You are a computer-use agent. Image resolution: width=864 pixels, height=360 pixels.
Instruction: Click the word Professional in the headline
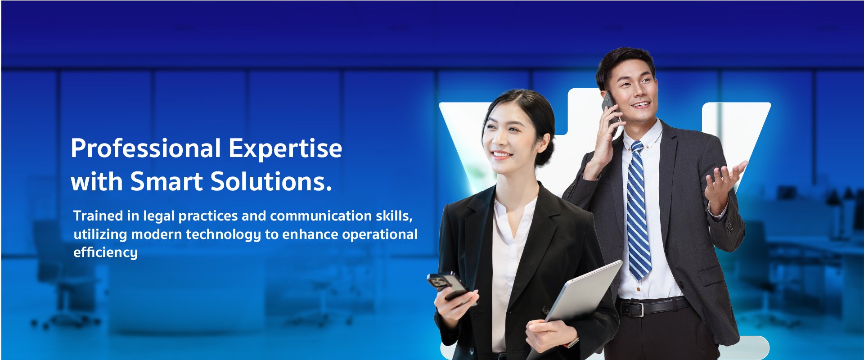click(x=146, y=148)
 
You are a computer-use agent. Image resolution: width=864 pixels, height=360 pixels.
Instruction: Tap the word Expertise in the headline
click(x=285, y=148)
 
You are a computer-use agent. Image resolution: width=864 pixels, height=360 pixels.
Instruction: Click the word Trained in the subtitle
click(x=98, y=216)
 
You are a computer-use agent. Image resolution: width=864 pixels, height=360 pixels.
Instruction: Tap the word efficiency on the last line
click(x=105, y=252)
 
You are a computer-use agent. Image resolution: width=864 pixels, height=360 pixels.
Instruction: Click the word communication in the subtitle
click(x=321, y=216)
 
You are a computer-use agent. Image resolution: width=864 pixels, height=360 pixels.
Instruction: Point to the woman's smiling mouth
click(x=501, y=155)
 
